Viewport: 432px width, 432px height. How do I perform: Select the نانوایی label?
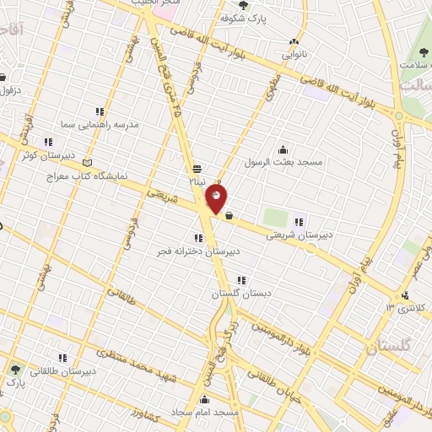pos(294,57)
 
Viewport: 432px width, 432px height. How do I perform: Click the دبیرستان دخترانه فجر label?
pos(202,251)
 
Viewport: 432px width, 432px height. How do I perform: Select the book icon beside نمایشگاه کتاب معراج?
pos(89,164)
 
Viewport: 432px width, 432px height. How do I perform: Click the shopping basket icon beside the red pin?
pos(229,215)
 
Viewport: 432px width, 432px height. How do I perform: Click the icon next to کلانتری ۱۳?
pos(406,294)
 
